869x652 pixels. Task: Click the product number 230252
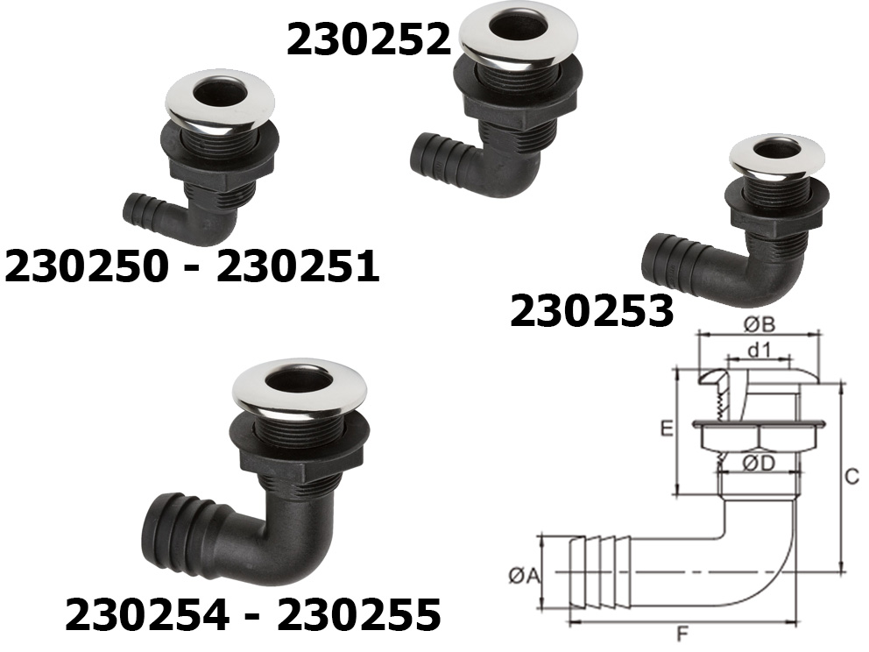point(369,40)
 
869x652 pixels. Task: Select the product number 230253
point(591,311)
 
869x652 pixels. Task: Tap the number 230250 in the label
point(86,266)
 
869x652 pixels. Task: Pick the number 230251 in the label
point(298,266)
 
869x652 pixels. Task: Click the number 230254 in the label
point(146,614)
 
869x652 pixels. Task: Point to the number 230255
point(359,614)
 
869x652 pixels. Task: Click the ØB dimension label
point(759,324)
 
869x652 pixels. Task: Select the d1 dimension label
point(759,351)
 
